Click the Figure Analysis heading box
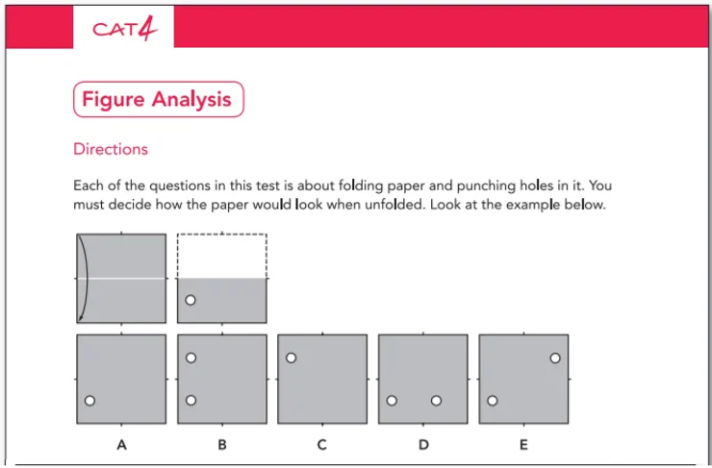pyautogui.click(x=158, y=99)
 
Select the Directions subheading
pyautogui.click(x=111, y=150)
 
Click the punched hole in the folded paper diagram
pyautogui.click(x=191, y=300)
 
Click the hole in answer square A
pyautogui.click(x=90, y=401)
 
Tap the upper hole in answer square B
pyautogui.click(x=191, y=357)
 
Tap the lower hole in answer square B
pyautogui.click(x=191, y=401)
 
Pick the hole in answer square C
pyautogui.click(x=291, y=357)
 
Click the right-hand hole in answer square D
pyautogui.click(x=436, y=401)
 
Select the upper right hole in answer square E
pyautogui.click(x=555, y=357)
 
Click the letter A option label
pyautogui.click(x=121, y=445)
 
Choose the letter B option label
pyautogui.click(x=222, y=445)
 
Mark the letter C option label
pyautogui.click(x=322, y=445)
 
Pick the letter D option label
pyautogui.click(x=423, y=445)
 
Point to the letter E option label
pyautogui.click(x=523, y=445)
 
